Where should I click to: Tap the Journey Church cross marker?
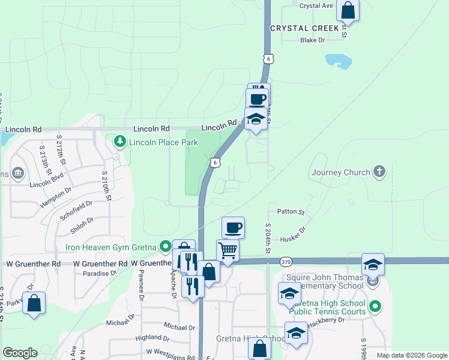379,172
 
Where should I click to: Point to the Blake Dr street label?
312,40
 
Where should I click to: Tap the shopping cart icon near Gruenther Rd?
228,251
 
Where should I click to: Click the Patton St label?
291,212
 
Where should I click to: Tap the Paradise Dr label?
100,273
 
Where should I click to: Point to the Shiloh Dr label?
82,224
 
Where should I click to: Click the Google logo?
20,353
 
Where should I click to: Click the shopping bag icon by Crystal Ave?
348,9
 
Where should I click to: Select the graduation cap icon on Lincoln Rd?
256,119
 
